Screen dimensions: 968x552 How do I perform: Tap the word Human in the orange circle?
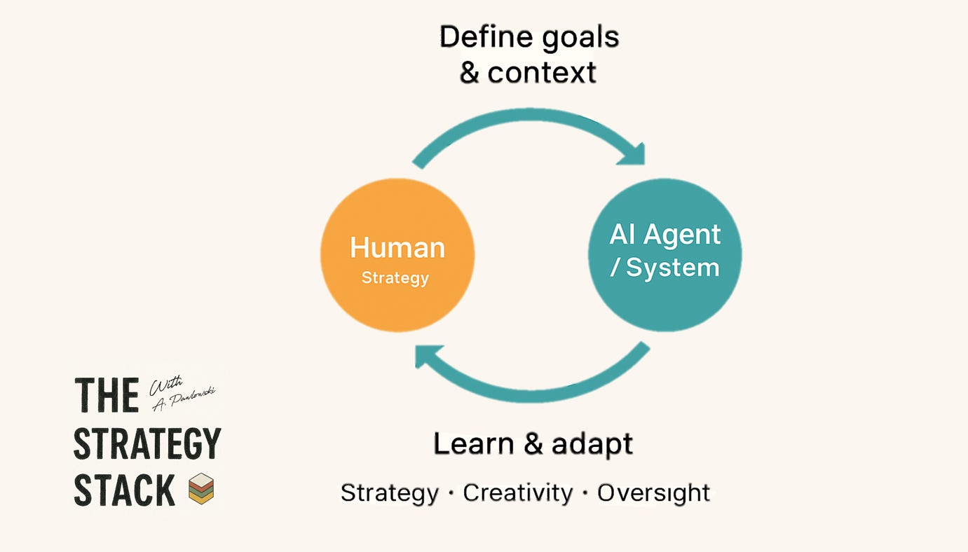point(397,248)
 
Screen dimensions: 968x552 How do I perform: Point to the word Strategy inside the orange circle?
point(395,278)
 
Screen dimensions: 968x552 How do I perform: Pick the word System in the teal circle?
point(672,268)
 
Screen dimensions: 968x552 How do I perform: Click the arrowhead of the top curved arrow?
point(632,154)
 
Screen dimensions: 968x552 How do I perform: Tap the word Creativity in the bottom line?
point(518,492)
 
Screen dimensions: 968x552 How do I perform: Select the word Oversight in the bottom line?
point(653,492)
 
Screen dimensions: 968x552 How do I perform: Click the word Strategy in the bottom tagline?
point(389,493)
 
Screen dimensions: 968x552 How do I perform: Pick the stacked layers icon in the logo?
point(201,489)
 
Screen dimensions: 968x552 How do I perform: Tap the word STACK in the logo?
point(124,490)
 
